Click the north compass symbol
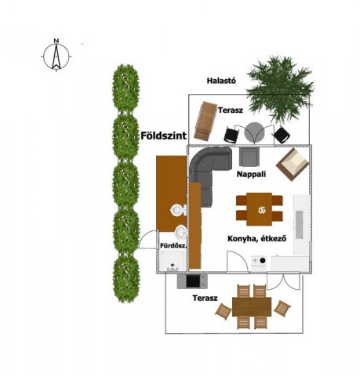pos(56,56)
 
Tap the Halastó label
pos(221,81)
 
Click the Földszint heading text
pos(164,136)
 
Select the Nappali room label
pos(251,174)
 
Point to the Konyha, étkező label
pos(257,239)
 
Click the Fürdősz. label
pos(173,246)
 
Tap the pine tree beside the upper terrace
pos(280,89)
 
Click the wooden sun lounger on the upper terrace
pos(205,121)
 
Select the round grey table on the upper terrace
pos(255,132)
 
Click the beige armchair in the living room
pos(293,164)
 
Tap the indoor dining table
pos(260,209)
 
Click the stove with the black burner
pos(259,263)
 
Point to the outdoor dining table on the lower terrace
pos(252,307)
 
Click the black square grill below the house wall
pos(193,281)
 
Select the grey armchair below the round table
pos(249,157)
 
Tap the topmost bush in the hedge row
pos(125,89)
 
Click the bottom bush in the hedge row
pos(125,278)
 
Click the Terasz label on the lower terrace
pos(205,298)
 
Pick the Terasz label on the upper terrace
pos(231,110)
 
